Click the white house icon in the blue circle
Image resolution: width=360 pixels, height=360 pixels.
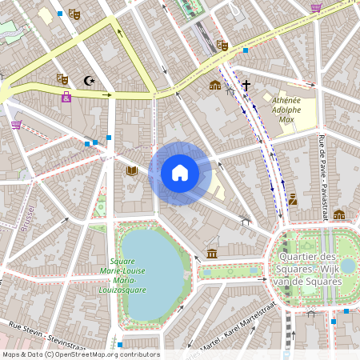pyautogui.click(x=180, y=172)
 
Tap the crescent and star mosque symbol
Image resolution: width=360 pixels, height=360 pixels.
pyautogui.click(x=89, y=80)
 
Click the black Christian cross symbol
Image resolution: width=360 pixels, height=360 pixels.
pyautogui.click(x=246, y=84)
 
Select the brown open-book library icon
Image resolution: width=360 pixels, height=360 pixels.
pyautogui.click(x=132, y=170)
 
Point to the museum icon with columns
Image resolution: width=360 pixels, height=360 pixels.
pyautogui.click(x=211, y=254)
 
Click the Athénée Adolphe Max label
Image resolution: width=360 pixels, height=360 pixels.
pyautogui.click(x=287, y=110)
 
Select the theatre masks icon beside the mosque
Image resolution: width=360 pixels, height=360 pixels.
pyautogui.click(x=62, y=78)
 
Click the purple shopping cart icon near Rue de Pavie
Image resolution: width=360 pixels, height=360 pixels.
pyautogui.click(x=316, y=8)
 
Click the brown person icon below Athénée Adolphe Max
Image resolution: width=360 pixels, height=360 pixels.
pyautogui.click(x=293, y=199)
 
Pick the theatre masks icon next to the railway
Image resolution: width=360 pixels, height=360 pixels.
pyautogui.click(x=222, y=46)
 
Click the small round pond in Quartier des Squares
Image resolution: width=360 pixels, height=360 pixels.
pyautogui.click(x=346, y=265)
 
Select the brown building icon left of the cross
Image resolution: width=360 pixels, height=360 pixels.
pyautogui.click(x=214, y=85)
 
